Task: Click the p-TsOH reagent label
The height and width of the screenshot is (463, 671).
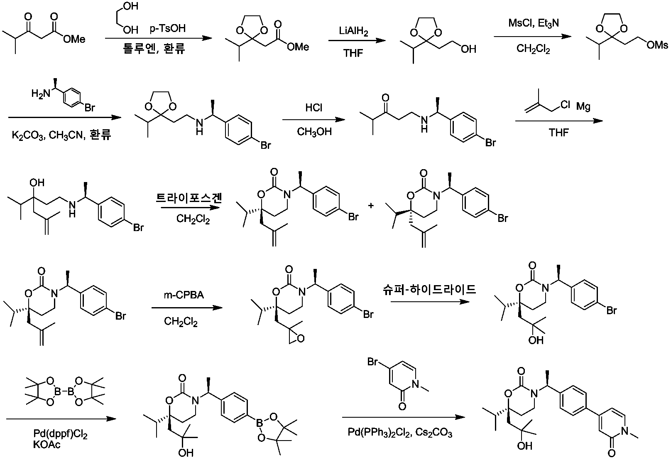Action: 167,28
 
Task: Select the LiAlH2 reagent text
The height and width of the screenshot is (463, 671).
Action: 353,31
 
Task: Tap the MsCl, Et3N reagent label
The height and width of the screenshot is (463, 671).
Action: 534,23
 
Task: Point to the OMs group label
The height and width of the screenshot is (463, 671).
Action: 657,45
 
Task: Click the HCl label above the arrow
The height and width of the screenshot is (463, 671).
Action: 313,107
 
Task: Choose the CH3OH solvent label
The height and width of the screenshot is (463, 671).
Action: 314,132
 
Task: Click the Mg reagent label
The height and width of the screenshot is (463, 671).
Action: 583,106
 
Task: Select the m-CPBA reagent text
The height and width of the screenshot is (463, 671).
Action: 184,295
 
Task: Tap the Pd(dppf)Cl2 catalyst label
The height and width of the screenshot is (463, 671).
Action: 60,434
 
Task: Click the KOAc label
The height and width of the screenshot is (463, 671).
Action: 47,444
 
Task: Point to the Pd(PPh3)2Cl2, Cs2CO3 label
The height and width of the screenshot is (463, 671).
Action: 400,432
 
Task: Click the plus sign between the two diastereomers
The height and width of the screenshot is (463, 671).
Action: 371,206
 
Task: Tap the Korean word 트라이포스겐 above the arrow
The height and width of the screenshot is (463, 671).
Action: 189,198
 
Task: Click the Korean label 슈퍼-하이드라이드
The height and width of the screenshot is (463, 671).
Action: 429,289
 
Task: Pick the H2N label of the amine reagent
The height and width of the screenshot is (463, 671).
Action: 41,94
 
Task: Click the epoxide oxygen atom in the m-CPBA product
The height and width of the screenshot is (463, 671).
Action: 301,339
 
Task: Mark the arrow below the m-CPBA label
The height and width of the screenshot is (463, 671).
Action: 187,308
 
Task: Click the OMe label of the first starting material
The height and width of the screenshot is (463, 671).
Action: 74,39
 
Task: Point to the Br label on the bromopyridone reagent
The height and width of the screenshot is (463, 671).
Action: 372,362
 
